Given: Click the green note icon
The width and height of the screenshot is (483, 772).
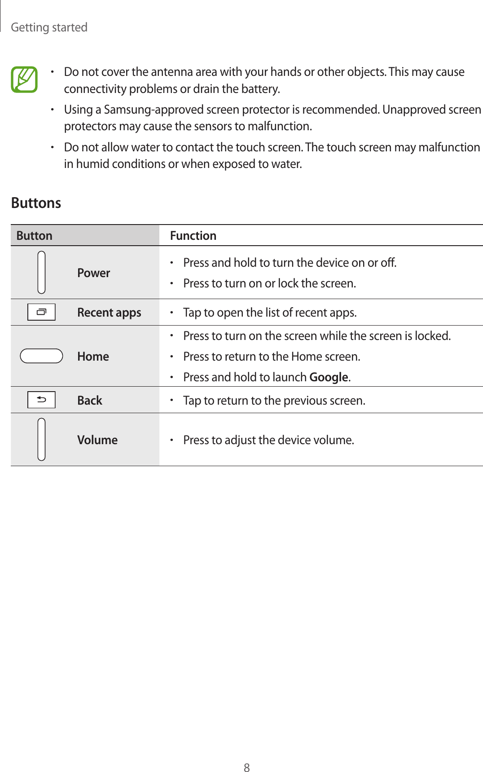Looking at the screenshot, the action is pos(24,79).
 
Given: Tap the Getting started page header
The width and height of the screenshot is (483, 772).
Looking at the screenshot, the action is pos(49,27).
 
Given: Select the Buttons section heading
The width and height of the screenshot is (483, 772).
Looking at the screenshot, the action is pos(36,203).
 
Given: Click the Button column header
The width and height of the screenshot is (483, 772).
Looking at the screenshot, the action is pos(34,236).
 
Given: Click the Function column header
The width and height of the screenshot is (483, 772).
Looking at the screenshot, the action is pos(193,236).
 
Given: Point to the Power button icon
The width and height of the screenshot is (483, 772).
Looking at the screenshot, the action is pos(41,272).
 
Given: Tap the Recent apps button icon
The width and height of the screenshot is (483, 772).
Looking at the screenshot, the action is pos(41,312).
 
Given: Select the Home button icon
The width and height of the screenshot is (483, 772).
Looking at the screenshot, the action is pos(41,356).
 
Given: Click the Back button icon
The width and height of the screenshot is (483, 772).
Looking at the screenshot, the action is pos(41,400).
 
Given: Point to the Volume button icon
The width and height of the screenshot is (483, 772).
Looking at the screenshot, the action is pos(41,439).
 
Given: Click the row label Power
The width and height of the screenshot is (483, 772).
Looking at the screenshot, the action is pos(93,273).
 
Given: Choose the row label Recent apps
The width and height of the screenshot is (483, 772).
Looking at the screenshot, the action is pos(109,313).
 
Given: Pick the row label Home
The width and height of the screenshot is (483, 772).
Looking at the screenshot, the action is pos(93,357).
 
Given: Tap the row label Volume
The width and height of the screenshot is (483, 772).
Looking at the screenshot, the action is pos(97,440).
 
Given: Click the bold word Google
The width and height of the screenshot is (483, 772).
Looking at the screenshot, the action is pos(329,377).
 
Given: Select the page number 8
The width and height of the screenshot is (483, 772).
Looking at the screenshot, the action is pos(246,768).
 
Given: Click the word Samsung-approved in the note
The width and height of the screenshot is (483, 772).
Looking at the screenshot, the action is pos(151,110).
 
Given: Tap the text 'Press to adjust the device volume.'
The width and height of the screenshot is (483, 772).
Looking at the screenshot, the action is pos(268,440).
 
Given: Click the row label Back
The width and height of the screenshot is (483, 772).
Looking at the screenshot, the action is pos(90,401).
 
